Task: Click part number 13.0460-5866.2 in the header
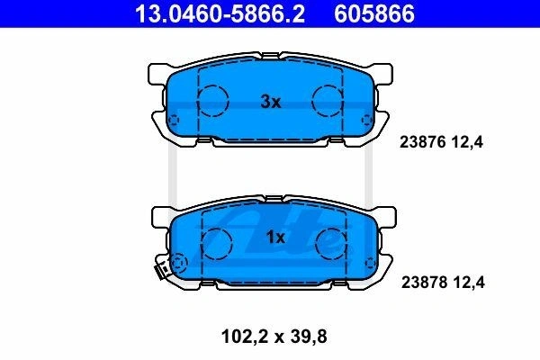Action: coord(220,13)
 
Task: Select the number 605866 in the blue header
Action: coord(374,13)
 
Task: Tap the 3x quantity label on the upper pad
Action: coord(271,102)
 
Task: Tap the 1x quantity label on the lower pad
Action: coord(275,237)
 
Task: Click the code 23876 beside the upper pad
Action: coord(423,142)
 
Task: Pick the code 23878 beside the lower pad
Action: coord(424,282)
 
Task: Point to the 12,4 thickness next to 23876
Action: coord(468,142)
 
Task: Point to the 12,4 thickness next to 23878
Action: coord(469,283)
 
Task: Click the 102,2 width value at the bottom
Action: coord(245,337)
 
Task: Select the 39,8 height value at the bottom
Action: coord(309,337)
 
